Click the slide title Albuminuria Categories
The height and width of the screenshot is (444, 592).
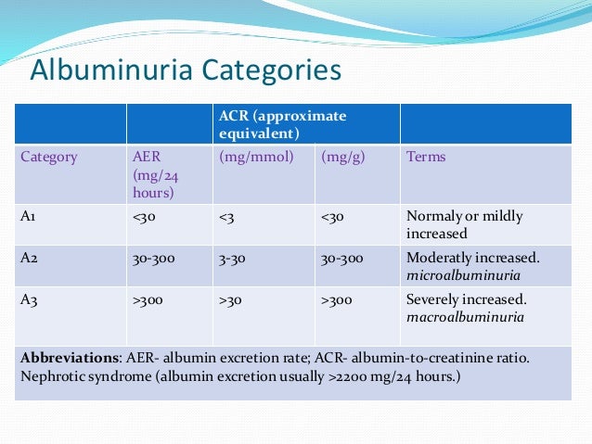coord(186,71)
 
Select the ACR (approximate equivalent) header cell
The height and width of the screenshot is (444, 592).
coord(282,124)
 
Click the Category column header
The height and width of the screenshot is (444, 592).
coord(50,157)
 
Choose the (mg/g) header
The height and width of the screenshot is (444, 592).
coord(343,157)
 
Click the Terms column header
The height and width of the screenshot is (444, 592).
coord(426,157)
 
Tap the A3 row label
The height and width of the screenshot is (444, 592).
coord(30,300)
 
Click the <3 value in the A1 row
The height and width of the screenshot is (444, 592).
coord(227,217)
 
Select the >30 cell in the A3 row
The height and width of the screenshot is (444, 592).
coord(232,300)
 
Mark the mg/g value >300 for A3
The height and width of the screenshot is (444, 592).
coord(338,300)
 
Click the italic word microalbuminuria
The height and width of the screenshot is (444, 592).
coord(463,275)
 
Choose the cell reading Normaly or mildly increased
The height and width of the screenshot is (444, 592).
coord(464,225)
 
